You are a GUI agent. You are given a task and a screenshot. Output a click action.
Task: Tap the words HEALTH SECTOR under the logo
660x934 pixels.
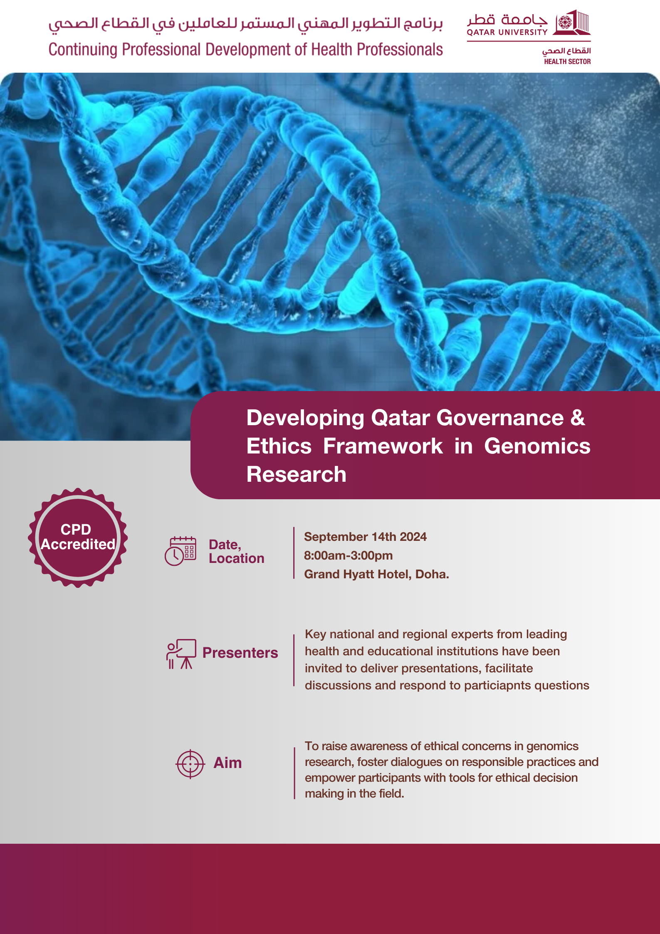[567, 62]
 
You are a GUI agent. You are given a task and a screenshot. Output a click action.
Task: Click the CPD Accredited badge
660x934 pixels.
[78, 538]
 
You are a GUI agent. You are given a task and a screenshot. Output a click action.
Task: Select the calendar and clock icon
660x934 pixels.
[180, 551]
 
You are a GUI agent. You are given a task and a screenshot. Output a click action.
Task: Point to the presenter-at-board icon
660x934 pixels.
[181, 654]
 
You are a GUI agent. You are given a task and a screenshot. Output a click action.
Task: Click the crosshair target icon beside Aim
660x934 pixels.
[190, 764]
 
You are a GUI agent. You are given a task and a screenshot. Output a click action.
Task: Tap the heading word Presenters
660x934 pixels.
[240, 653]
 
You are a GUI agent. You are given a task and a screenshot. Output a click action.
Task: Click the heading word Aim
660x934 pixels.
[227, 763]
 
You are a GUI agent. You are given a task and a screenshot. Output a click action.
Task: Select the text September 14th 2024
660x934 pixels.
[365, 537]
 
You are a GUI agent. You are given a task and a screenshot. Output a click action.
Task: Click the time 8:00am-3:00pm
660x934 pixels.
[348, 555]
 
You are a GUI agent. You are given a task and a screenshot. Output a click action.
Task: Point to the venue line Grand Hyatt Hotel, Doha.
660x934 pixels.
[376, 574]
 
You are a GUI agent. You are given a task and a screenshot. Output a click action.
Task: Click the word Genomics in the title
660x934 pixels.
[537, 446]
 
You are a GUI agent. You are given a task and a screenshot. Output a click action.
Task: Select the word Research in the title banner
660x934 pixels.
[297, 474]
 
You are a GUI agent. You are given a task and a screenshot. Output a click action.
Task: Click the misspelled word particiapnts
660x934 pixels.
[497, 685]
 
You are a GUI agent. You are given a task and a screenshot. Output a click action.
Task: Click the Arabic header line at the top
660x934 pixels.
[245, 24]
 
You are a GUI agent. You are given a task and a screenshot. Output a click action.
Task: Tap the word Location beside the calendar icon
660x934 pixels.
[237, 558]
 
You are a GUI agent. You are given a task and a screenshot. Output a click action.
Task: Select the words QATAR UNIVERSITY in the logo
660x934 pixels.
[507, 32]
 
